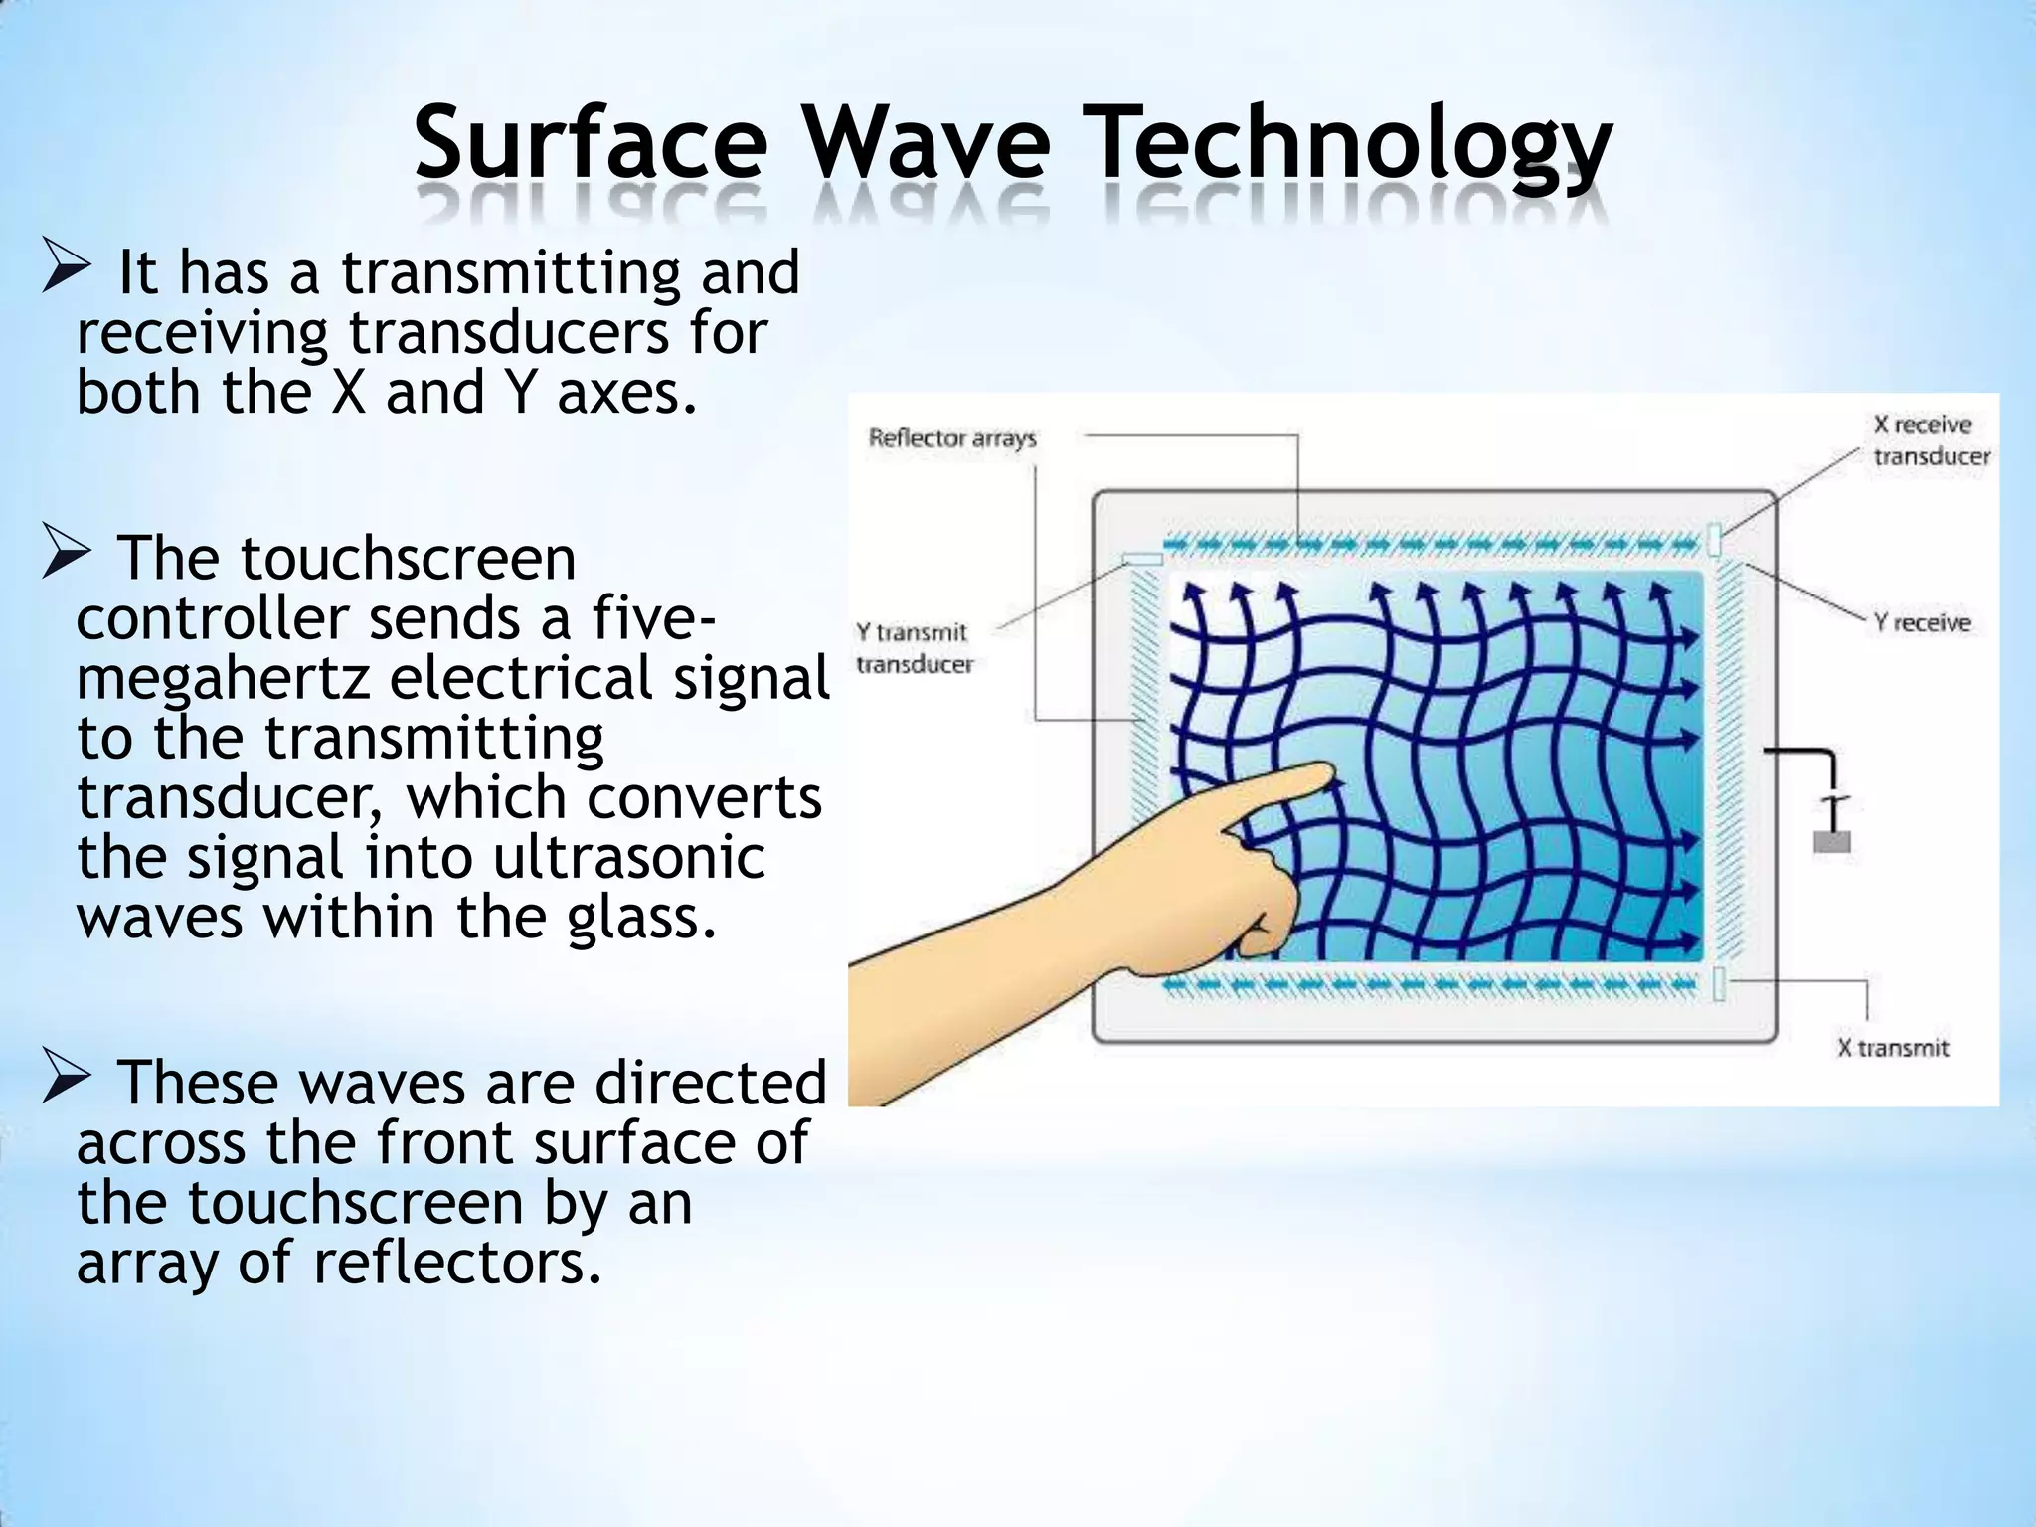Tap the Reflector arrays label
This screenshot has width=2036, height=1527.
pyautogui.click(x=951, y=437)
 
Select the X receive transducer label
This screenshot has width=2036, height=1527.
pyautogui.click(x=1931, y=440)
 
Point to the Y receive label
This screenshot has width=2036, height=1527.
pyautogui.click(x=1922, y=622)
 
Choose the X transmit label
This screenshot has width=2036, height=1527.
pyautogui.click(x=1893, y=1047)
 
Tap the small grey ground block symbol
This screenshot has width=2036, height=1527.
pyautogui.click(x=1832, y=841)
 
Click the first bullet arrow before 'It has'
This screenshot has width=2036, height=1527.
pyautogui.click(x=67, y=272)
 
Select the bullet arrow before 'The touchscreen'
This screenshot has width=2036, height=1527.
pyautogui.click(x=67, y=558)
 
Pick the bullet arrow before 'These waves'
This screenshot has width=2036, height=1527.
pyautogui.click(x=67, y=1082)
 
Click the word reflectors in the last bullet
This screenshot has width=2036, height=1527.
pyautogui.click(x=457, y=1263)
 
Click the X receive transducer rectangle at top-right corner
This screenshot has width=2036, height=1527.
pyautogui.click(x=1715, y=539)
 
